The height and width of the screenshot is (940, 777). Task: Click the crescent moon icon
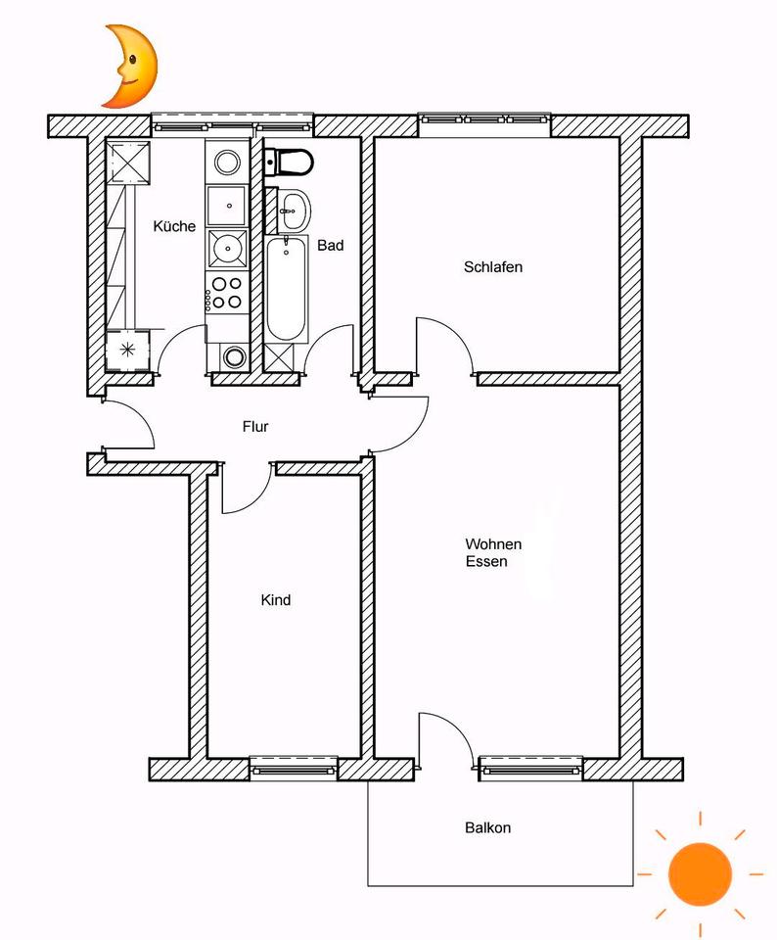coord(129,67)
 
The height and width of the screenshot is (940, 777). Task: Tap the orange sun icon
coord(700,872)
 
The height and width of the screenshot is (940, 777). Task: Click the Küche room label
coord(174,226)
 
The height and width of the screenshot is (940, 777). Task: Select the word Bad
coord(330,246)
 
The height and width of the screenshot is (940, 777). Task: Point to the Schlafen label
coord(493,266)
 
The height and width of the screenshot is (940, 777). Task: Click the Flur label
coord(255,427)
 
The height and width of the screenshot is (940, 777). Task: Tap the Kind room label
coord(276,600)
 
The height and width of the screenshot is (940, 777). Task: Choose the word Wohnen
coord(493,544)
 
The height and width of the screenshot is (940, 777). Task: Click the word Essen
coord(486,562)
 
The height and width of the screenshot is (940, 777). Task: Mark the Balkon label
coord(487,827)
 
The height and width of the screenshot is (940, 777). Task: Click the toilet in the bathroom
coord(290,160)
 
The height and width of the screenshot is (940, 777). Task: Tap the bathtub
coord(285,290)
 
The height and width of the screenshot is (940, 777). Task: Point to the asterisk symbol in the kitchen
coord(126,350)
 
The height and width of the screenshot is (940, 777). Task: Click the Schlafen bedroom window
coord(483,121)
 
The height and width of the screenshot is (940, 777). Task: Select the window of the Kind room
coord(294,769)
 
